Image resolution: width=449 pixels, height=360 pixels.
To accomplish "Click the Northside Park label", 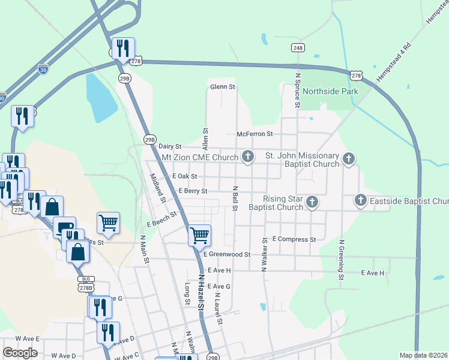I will click(330, 91).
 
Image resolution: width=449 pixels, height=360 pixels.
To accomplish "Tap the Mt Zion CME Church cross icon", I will click(247, 157).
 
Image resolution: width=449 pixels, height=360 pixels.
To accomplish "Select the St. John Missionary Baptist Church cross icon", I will click(349, 158).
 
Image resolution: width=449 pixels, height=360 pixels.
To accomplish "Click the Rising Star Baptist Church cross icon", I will click(312, 203).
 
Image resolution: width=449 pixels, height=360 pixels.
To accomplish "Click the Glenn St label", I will click(222, 87).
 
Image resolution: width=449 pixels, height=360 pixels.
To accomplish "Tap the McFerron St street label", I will click(255, 134).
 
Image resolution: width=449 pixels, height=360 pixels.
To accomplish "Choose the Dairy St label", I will click(169, 146).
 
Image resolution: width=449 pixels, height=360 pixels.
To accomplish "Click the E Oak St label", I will click(184, 176).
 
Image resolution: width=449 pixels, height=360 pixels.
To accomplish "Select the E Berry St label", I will click(193, 191).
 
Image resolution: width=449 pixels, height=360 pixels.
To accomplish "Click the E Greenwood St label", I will click(226, 254).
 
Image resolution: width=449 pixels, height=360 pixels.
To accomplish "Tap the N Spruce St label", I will click(297, 91).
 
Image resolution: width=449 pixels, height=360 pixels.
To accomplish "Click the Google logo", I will click(20, 353).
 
